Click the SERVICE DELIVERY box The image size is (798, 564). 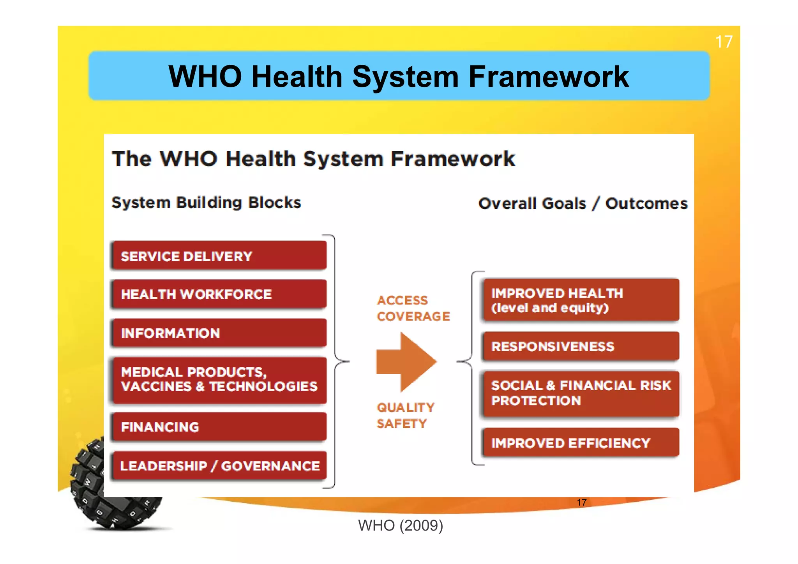[219, 256]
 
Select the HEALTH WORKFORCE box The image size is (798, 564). [219, 294]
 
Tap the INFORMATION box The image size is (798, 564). [219, 333]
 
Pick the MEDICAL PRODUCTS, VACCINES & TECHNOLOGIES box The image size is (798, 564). [219, 380]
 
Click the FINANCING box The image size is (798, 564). [219, 427]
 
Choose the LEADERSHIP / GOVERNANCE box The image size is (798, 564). [219, 465]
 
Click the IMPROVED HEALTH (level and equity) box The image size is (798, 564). [581, 300]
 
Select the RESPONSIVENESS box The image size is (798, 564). [581, 346]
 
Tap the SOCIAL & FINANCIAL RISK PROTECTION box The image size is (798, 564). [581, 393]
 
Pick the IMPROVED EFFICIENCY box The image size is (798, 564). [581, 443]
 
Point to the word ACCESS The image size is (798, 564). [403, 300]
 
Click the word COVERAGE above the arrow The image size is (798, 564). [413, 316]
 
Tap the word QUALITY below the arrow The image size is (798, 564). [405, 407]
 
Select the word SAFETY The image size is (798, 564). [402, 424]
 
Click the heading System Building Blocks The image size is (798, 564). [206, 203]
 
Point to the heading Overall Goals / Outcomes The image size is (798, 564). [583, 204]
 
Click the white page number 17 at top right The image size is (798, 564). [724, 42]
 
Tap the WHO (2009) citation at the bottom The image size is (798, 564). [401, 525]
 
